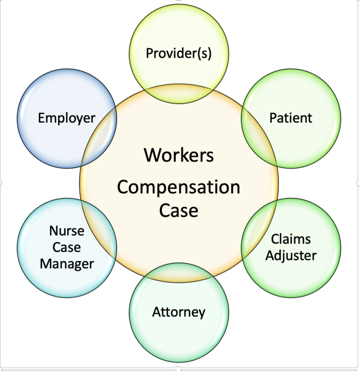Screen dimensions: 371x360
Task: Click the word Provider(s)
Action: [x=179, y=53]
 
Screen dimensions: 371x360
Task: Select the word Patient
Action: [x=291, y=118]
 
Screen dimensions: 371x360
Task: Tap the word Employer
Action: [x=67, y=118]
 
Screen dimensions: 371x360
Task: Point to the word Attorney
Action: [x=179, y=312]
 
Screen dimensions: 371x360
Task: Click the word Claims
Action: [x=291, y=239]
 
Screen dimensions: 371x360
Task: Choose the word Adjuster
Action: [x=291, y=255]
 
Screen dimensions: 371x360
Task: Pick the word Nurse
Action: [x=67, y=230]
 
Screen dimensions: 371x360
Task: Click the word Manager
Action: [x=67, y=263]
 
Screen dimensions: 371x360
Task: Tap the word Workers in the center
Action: [x=179, y=155]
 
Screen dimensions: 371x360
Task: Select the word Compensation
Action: [x=179, y=187]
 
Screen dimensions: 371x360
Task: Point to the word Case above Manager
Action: [x=67, y=247]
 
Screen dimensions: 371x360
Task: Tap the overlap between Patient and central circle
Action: [x=257, y=136]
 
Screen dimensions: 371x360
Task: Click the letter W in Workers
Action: [x=151, y=155]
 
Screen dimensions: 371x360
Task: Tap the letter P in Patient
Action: [x=273, y=118]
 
